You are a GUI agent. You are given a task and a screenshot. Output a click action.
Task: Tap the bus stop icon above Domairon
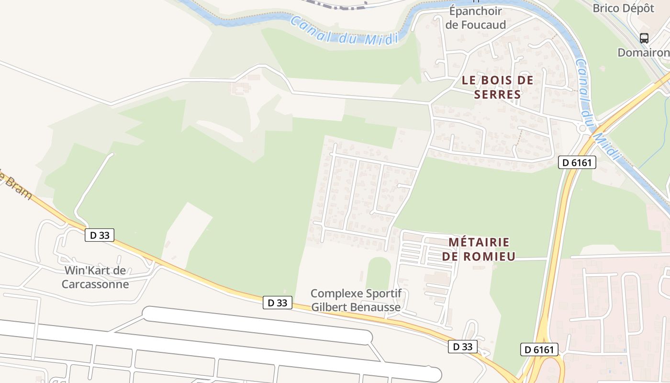click(644, 38)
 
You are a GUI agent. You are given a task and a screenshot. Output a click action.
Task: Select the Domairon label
click(643, 52)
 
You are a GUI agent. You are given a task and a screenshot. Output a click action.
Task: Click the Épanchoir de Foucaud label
click(475, 18)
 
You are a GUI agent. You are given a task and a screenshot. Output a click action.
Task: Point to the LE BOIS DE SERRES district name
click(497, 87)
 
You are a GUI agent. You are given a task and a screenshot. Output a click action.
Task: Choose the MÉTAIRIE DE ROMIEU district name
click(479, 249)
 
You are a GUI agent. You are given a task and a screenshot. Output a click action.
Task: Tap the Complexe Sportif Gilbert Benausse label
click(356, 300)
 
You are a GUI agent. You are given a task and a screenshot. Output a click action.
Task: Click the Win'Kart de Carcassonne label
click(95, 277)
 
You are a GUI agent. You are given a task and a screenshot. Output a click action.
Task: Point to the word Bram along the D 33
click(16, 186)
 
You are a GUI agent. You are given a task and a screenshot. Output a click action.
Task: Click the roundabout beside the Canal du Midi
click(583, 128)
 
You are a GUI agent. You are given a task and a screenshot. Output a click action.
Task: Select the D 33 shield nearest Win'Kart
click(100, 235)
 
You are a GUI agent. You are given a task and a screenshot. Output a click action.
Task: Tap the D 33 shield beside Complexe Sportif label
click(278, 303)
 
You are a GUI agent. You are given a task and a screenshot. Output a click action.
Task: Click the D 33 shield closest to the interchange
click(463, 347)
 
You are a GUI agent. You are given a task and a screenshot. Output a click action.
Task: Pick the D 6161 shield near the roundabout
click(577, 162)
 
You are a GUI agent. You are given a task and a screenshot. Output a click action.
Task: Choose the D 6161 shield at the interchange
click(540, 349)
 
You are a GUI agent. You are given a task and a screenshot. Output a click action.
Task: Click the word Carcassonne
click(95, 284)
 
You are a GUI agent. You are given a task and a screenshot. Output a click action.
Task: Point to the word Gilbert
click(330, 307)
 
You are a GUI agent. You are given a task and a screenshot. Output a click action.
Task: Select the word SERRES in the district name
click(497, 94)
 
